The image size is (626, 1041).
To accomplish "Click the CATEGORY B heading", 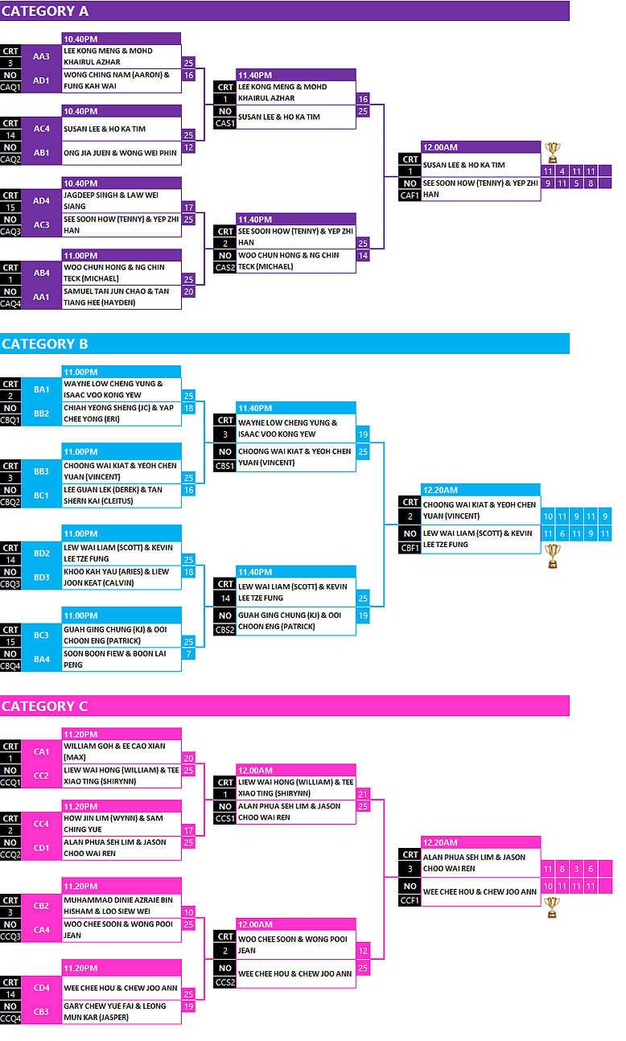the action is [x=44, y=344].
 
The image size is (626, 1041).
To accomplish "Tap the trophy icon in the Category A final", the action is [x=552, y=152].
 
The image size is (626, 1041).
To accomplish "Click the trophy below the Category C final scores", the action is [x=552, y=907].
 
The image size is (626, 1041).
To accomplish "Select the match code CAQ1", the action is [x=10, y=87].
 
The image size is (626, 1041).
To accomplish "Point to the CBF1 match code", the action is [x=410, y=548].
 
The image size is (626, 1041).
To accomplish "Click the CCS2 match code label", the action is [x=225, y=982].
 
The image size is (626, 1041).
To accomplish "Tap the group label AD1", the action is [x=41, y=80].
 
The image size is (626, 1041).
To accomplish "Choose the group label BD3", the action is [x=41, y=577].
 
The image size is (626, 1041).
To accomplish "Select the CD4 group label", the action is [x=41, y=988].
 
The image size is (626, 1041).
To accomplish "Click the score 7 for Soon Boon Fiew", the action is [x=188, y=654].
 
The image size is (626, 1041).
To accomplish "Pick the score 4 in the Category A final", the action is [x=562, y=171].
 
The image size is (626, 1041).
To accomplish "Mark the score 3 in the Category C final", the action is [x=576, y=869].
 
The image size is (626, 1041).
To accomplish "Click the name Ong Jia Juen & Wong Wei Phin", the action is [x=120, y=153].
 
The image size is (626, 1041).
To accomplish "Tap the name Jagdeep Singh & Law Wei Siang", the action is [x=111, y=201].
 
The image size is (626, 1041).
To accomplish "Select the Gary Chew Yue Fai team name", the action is [x=115, y=1011].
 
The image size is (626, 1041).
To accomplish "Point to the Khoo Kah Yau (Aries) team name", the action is [x=116, y=577].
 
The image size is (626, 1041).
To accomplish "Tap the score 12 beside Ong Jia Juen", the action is [x=188, y=147].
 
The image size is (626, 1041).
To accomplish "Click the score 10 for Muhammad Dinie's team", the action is [x=188, y=912].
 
